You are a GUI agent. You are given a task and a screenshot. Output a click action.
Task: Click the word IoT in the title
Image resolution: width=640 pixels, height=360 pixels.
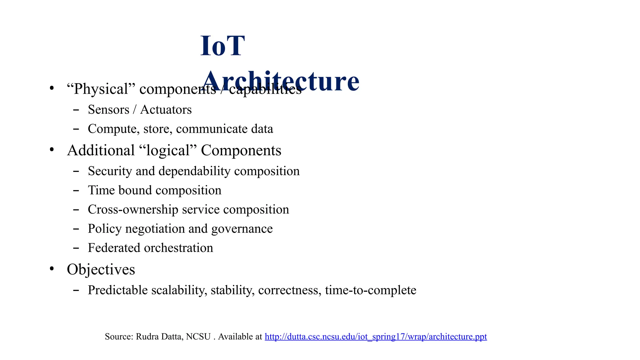pos(222,46)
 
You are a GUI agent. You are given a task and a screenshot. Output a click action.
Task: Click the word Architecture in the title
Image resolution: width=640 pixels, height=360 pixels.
pos(280,81)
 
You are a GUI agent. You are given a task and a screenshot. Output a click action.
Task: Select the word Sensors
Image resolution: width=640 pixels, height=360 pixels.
pos(108,110)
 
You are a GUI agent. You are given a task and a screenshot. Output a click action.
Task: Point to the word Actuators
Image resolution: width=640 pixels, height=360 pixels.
pos(166,110)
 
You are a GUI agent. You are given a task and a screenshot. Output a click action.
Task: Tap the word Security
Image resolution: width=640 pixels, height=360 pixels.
pos(110,171)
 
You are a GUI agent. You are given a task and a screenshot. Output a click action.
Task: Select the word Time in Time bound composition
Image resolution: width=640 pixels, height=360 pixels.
pos(102,190)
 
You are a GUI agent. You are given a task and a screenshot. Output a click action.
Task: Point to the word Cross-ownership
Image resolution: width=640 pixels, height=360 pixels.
pos(133,210)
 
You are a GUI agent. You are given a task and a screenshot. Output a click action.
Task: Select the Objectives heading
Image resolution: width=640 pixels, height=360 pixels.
pos(101,269)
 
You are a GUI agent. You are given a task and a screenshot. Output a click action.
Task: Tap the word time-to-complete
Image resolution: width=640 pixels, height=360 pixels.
pos(370,290)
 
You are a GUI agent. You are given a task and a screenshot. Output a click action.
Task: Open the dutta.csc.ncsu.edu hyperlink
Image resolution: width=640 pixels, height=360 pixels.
pos(376,337)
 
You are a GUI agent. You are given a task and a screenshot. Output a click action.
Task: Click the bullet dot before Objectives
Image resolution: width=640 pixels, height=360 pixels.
pos(52,269)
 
